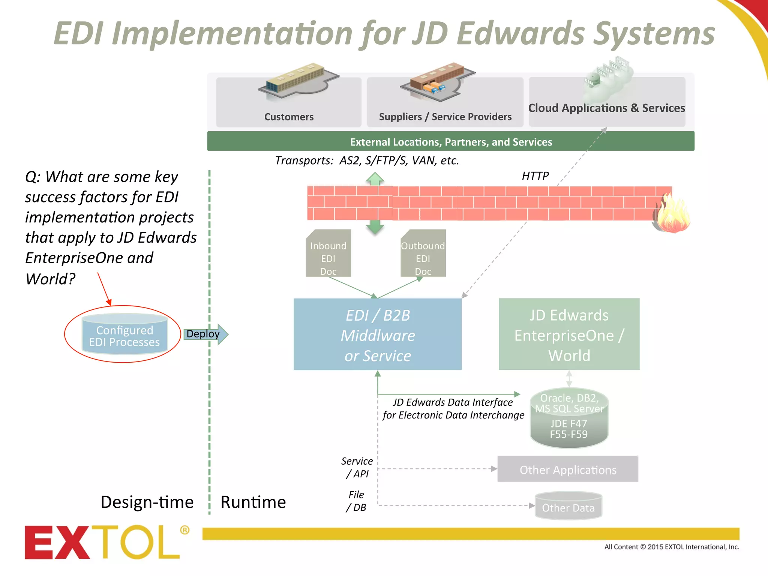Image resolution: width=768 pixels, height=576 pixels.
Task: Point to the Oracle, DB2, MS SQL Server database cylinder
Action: coord(569,417)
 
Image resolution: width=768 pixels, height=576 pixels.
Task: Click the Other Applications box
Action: coord(568,469)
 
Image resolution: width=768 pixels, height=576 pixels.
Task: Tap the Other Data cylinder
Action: coord(568,506)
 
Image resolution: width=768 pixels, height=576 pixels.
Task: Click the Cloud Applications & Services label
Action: coord(606,108)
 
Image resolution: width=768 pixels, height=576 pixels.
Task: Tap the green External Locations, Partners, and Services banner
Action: coord(451,142)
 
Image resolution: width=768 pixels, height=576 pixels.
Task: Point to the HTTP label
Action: coord(535,176)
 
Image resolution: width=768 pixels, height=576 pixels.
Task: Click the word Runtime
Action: coord(253,502)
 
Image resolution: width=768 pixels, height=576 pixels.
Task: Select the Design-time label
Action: coord(147,502)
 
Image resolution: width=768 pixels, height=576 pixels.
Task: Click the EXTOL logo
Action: coord(105,542)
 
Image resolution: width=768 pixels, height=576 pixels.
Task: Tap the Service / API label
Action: coord(357,467)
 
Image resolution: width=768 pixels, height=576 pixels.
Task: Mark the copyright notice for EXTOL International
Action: coord(672,547)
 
